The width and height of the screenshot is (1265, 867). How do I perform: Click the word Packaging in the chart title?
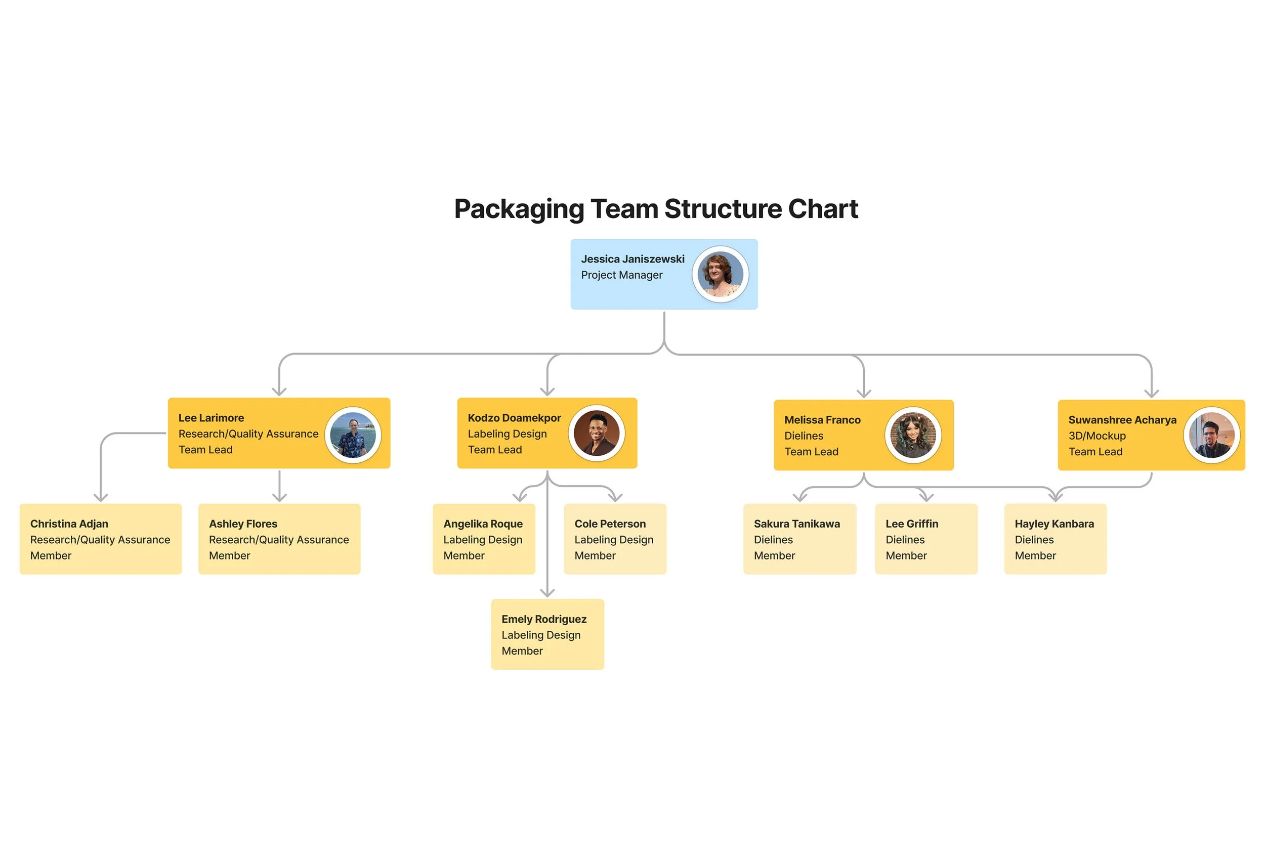518,209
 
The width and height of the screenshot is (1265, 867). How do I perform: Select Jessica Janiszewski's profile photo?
720,274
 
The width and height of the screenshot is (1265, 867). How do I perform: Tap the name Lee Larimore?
210,418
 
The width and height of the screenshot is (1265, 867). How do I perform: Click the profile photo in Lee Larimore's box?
353,435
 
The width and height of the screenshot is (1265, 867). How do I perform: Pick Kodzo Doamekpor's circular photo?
596,433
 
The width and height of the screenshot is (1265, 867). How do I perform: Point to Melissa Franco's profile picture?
912,436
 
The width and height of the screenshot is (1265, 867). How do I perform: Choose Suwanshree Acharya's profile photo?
1211,436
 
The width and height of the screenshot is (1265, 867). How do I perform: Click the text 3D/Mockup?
1097,436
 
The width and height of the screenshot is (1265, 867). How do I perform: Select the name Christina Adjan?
69,524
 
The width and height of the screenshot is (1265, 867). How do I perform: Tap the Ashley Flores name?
243,524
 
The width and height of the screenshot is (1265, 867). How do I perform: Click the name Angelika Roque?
482,524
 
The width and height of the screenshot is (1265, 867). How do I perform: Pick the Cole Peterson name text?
610,524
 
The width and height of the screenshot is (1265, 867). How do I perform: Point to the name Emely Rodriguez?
543,619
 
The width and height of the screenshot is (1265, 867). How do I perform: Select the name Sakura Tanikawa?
796,524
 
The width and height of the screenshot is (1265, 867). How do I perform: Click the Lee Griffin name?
911,524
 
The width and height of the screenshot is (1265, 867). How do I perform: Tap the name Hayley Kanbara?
1054,524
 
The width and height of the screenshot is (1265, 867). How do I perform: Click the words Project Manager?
621,275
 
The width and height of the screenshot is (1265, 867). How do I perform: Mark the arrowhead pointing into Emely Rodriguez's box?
547,593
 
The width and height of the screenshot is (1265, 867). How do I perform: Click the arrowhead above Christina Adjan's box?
101,497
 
